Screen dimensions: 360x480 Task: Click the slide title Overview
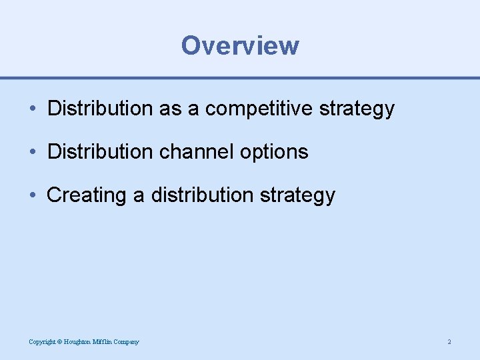point(240,45)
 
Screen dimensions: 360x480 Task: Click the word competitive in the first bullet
point(259,108)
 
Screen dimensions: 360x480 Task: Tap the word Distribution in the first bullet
point(101,108)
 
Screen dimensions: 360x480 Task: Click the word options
point(275,152)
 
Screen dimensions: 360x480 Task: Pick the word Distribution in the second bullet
point(101,151)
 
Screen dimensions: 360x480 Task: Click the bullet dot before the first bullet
point(33,109)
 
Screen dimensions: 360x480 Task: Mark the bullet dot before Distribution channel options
point(33,152)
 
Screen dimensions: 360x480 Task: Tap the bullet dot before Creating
point(33,195)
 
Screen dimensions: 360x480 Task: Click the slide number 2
point(449,342)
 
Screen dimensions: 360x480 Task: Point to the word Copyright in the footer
point(41,342)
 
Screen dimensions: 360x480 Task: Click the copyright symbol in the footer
point(59,342)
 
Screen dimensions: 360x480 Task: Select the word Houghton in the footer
point(77,342)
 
